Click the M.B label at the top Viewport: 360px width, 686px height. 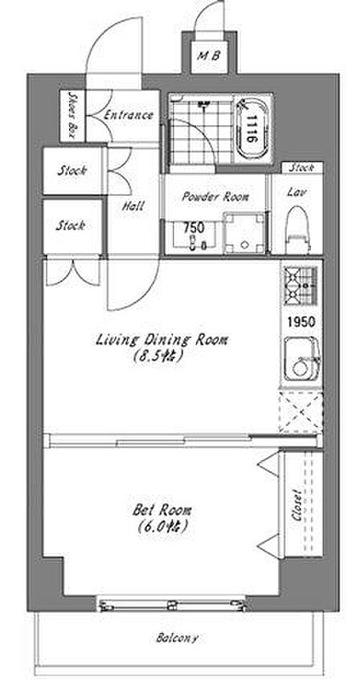pos(210,56)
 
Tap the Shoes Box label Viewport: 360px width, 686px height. pos(72,116)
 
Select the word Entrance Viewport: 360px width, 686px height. pos(128,115)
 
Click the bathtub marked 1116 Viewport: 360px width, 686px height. pos(251,129)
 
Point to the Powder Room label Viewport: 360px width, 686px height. pos(215,197)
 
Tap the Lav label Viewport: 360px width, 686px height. pos(297,192)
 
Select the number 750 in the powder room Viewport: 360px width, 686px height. pos(194,227)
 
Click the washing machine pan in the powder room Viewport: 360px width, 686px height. pos(244,233)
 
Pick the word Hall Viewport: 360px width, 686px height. pos(133,205)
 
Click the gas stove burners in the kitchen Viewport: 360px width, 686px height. pos(301,285)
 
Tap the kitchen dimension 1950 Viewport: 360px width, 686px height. pos(301,321)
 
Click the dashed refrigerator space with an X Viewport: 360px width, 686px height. pos(301,412)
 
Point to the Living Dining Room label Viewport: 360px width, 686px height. pos(162,340)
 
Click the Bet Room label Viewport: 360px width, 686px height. pos(162,510)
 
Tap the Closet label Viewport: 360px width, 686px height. pos(297,504)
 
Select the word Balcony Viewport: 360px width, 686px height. pos(177,638)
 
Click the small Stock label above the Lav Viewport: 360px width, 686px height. pos(302,167)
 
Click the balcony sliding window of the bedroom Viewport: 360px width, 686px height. pos(172,606)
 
